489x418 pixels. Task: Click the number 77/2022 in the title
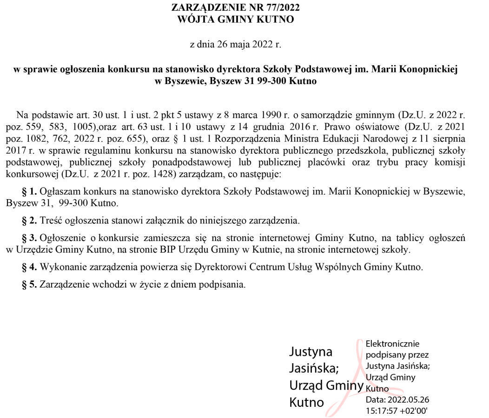coord(282,7)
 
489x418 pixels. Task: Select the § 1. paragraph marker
coord(30,191)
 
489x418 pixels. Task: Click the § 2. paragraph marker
coord(30,220)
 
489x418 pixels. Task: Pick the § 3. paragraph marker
coord(30,238)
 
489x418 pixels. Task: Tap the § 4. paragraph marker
coord(30,267)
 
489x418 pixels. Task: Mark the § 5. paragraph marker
coord(30,284)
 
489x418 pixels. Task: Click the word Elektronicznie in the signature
coord(392,344)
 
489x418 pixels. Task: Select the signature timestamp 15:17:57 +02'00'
coord(396,411)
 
